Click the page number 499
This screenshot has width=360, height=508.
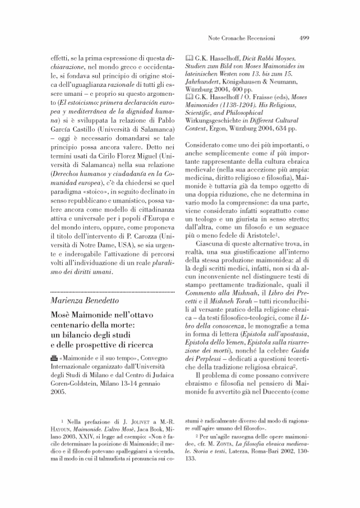click(x=304, y=39)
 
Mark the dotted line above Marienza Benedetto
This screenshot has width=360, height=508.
click(x=109, y=292)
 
